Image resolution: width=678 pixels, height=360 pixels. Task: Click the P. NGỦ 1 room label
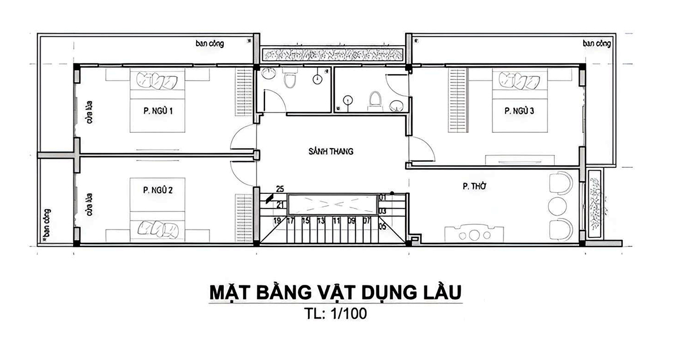pos(154,111)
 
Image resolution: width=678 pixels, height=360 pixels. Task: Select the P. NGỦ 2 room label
pos(154,190)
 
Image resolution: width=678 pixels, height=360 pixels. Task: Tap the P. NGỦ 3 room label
pos(519,111)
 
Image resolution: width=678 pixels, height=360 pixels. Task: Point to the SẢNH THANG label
pos(331,151)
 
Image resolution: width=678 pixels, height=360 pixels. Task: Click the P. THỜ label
pos(475,185)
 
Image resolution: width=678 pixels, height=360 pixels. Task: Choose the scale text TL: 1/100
pos(335,314)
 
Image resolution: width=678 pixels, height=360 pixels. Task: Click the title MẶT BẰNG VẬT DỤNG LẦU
pos(335,293)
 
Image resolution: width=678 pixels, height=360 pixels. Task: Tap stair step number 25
pos(280,188)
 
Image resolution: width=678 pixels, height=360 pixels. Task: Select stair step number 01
pos(383,197)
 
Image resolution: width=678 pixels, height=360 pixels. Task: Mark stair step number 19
pos(277,220)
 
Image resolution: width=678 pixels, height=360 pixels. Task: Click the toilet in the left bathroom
pos(290,80)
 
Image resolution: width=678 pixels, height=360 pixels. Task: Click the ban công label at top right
pos(597,43)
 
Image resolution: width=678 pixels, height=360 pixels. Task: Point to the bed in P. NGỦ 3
pos(519,101)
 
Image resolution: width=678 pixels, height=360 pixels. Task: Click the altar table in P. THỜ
pos(473,233)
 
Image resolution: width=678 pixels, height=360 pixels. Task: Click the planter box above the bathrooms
pos(333,55)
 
